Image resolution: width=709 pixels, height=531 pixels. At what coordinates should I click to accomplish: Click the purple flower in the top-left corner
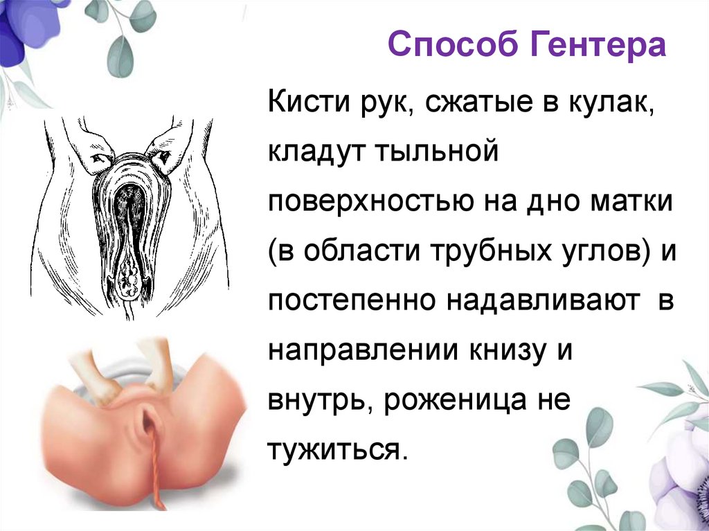click(x=28, y=28)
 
